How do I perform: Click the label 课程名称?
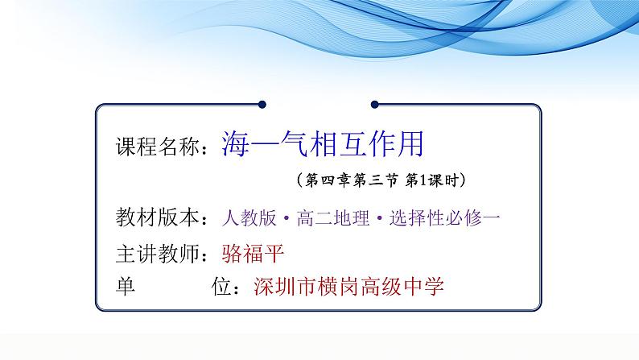157,146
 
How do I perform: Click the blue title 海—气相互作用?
323,144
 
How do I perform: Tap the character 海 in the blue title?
236,144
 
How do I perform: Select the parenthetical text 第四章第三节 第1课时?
381,180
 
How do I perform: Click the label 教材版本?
157,217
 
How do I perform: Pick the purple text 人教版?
249,217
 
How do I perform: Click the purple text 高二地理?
333,217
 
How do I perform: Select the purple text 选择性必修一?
444,217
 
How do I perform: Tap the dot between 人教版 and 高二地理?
287,218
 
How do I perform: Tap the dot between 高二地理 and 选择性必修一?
379,218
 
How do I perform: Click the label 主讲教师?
157,254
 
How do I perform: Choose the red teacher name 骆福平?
253,253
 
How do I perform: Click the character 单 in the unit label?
126,286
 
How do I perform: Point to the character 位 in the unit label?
221,286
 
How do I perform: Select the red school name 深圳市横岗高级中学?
348,286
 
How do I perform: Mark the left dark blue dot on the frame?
262,105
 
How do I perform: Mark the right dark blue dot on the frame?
375,105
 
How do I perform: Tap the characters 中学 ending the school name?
423,286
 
